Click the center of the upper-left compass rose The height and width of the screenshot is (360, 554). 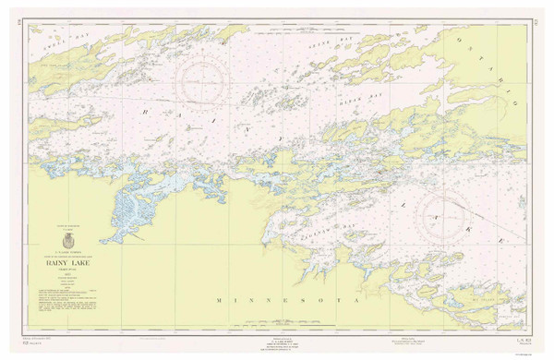pyautogui.click(x=207, y=79)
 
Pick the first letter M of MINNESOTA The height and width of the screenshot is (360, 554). pyautogui.click(x=219, y=301)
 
